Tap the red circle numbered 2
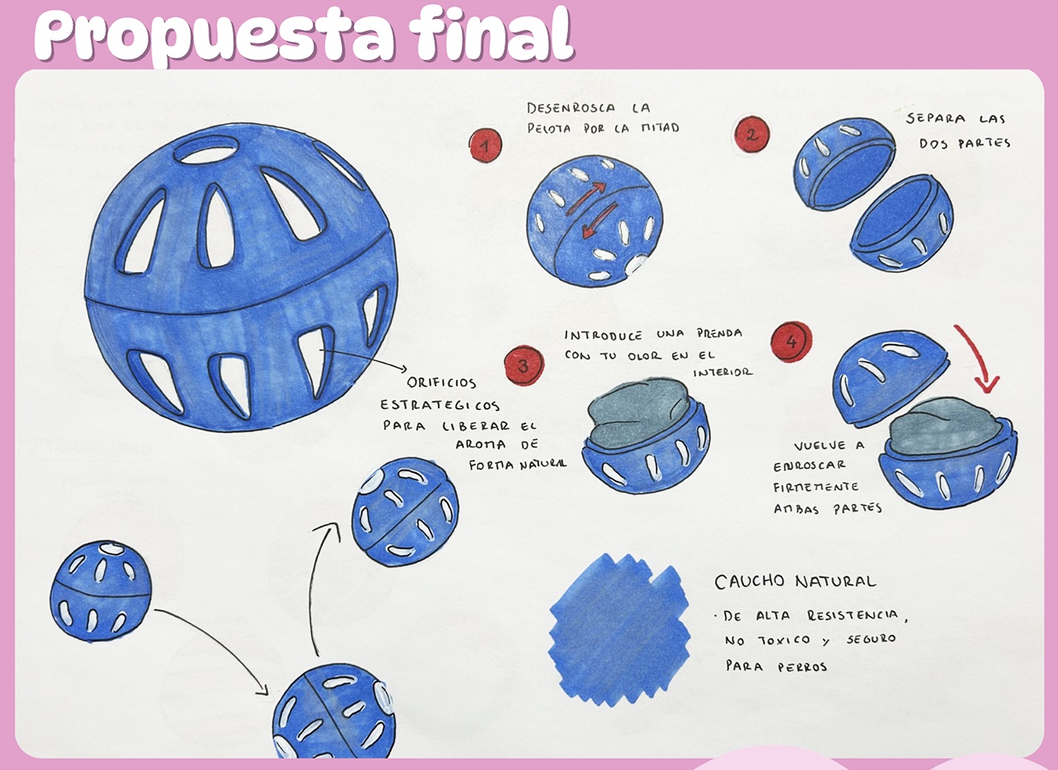753,134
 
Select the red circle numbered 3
523,365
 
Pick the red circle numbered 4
791,341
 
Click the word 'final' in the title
491,34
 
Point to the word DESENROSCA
571,108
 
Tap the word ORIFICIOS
441,382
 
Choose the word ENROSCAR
809,465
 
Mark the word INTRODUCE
604,336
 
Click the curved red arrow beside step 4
978,357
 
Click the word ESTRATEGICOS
440,406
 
